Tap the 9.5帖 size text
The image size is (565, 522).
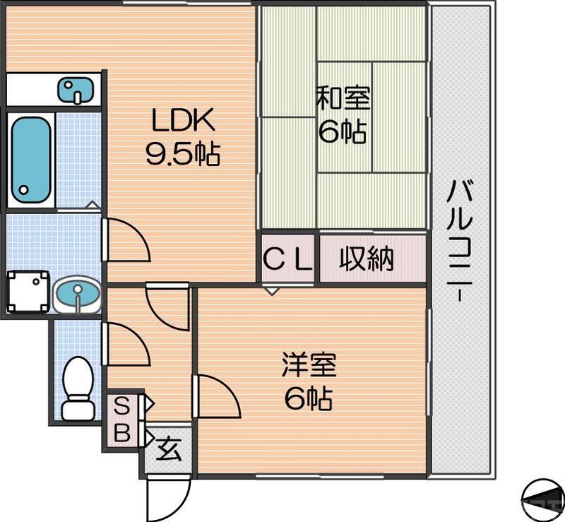[183, 153]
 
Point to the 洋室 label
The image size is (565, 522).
[309, 366]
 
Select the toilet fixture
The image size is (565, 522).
[77, 388]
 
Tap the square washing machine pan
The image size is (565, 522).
[28, 291]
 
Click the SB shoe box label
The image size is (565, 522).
[122, 420]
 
